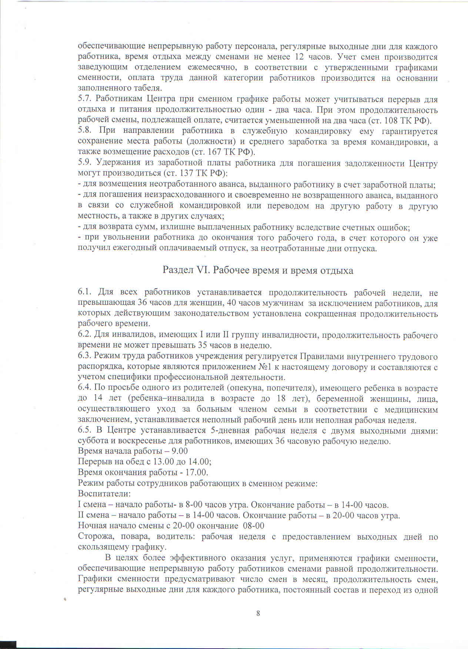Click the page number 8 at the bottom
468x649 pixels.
(x=258, y=613)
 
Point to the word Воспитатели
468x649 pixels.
(x=104, y=494)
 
